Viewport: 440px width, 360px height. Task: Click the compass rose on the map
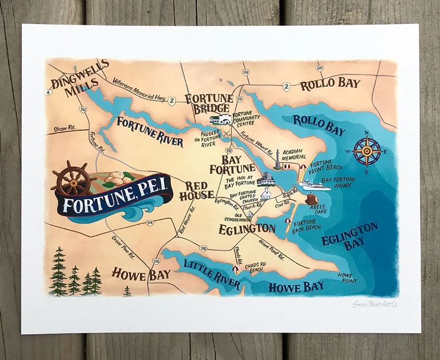point(367,151)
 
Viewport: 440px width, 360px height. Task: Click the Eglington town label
point(247,228)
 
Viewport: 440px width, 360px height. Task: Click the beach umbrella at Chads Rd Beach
point(235,269)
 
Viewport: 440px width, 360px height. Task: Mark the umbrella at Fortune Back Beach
point(288,221)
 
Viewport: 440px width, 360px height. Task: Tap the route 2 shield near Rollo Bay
point(286,87)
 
